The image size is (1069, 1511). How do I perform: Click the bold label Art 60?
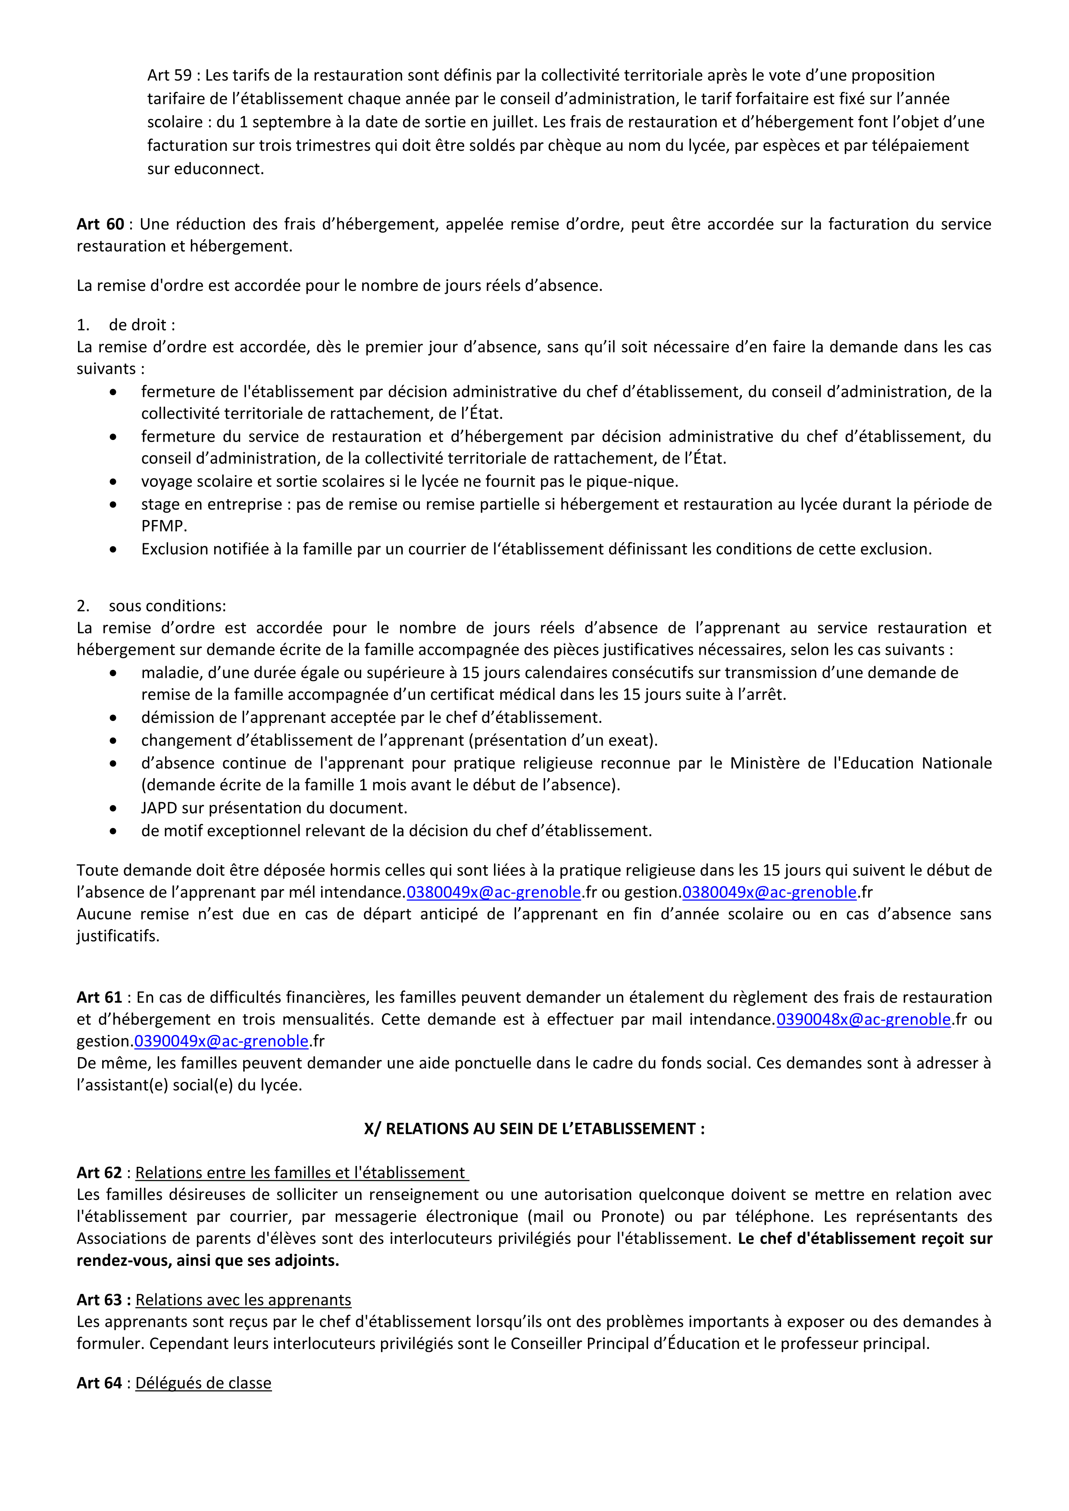(100, 224)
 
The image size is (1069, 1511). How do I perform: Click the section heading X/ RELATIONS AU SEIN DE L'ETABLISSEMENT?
(534, 1129)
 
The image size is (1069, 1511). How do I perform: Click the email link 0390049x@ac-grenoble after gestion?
(221, 1041)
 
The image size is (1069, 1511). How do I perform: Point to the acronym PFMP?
(164, 527)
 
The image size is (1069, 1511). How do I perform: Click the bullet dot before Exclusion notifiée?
(113, 549)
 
